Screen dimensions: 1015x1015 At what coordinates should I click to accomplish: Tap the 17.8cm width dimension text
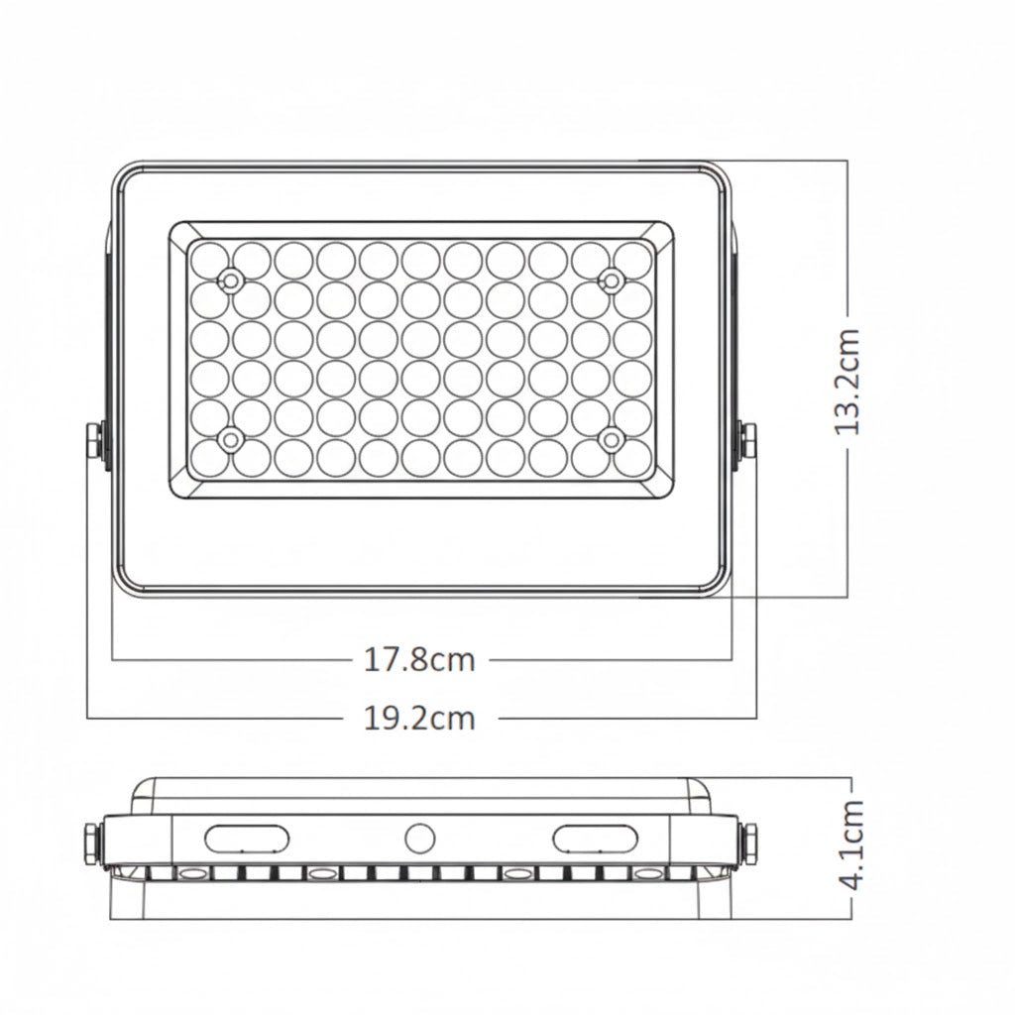click(419, 659)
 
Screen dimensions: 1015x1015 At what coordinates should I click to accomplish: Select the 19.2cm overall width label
click(419, 717)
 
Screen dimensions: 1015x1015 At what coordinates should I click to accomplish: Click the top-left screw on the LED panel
click(231, 281)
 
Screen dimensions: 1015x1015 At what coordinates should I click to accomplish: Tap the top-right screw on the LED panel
click(612, 281)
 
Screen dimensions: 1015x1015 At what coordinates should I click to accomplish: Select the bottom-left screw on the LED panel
click(231, 438)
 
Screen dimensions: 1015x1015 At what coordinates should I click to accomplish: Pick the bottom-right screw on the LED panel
click(612, 438)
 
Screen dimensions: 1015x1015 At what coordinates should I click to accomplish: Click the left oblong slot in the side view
click(249, 839)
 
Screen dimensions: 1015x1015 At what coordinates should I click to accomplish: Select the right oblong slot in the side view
click(596, 839)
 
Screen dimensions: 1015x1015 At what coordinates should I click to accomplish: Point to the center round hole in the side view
click(420, 839)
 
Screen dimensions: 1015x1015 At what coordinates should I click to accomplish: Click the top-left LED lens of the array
click(209, 259)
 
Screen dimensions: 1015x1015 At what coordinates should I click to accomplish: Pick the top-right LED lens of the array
click(631, 259)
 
